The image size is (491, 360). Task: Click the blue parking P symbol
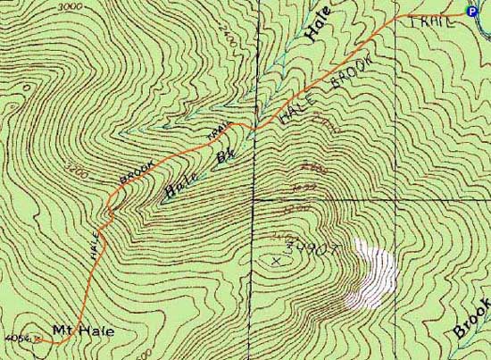(x=471, y=11)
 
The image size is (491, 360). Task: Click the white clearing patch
(x=374, y=272)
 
